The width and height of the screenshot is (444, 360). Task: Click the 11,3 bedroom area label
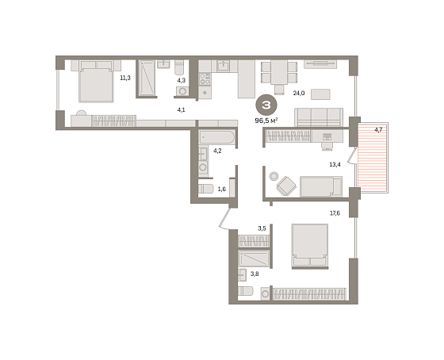(125, 78)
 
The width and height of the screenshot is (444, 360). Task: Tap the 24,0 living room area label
(299, 93)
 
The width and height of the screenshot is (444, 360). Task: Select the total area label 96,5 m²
(266, 121)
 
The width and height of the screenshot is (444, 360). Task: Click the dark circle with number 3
(266, 105)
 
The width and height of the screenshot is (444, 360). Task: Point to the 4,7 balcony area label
(378, 130)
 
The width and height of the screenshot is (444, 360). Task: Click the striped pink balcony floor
(372, 158)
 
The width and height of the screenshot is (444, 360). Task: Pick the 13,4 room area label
(335, 164)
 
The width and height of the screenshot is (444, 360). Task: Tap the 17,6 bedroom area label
(335, 213)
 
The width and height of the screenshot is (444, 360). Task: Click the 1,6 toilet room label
(222, 189)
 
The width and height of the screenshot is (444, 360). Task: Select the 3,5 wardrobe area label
(262, 228)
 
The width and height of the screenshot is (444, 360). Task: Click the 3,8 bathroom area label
(255, 274)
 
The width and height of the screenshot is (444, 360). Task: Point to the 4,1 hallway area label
(182, 109)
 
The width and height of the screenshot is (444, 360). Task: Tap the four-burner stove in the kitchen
(205, 79)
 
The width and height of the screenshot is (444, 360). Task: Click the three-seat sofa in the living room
(319, 117)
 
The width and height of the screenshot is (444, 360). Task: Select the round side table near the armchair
(274, 176)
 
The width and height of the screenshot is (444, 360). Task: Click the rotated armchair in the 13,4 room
(286, 186)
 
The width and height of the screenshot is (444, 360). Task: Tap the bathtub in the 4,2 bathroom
(217, 137)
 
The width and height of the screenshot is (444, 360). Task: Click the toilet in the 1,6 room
(205, 189)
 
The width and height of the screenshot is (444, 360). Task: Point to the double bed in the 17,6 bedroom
(310, 246)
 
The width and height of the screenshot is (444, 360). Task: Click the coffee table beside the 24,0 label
(320, 94)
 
